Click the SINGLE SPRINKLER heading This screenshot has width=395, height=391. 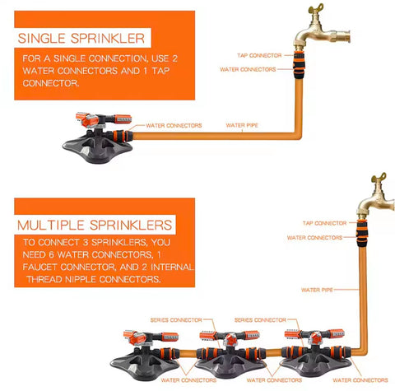[x=81, y=38]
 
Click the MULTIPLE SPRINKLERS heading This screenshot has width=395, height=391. [x=95, y=225]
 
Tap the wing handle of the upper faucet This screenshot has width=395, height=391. [x=316, y=8]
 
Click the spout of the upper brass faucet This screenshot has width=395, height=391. [x=340, y=36]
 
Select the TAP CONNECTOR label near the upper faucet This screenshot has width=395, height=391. [x=259, y=55]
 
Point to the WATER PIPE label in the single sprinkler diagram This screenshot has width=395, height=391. [x=242, y=125]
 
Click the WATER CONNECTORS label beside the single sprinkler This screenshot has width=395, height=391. [x=174, y=126]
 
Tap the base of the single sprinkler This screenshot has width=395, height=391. [x=97, y=148]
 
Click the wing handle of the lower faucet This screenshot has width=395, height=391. [x=379, y=178]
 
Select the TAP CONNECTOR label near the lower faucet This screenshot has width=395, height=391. [x=324, y=223]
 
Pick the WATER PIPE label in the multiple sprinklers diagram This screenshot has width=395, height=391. [x=317, y=290]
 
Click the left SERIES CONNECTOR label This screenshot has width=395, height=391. [x=176, y=320]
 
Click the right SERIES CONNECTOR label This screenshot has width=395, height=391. [x=260, y=320]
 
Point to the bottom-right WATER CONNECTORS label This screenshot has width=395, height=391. [x=360, y=380]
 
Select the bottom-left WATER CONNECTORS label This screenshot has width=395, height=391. [x=188, y=380]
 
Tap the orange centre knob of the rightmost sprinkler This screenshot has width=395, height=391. [x=314, y=338]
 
